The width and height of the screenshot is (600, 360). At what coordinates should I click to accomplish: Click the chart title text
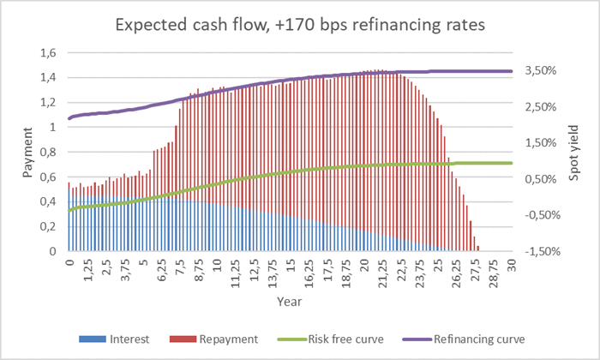pyautogui.click(x=299, y=26)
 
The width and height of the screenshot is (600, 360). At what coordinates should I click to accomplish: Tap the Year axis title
pyautogui.click(x=289, y=302)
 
